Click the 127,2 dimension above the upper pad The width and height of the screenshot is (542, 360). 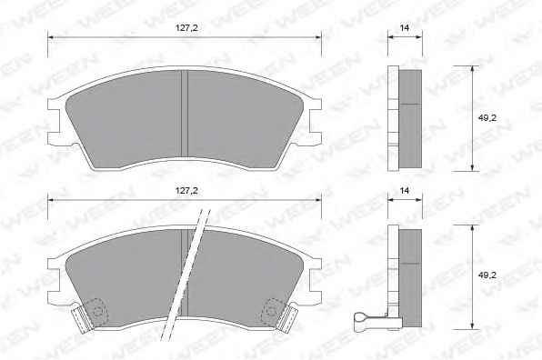tap(186, 28)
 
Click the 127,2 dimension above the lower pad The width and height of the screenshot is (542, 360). tap(186, 191)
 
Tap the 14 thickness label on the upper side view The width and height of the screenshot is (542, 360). tap(404, 28)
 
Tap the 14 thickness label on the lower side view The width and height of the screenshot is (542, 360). tap(404, 190)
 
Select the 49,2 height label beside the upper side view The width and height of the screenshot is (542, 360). tap(487, 118)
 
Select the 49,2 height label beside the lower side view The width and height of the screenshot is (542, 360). tap(487, 275)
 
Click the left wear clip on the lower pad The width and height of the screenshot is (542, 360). tap(82, 319)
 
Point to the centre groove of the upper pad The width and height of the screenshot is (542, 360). tap(185, 114)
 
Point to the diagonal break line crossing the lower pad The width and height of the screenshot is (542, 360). tap(186, 275)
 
